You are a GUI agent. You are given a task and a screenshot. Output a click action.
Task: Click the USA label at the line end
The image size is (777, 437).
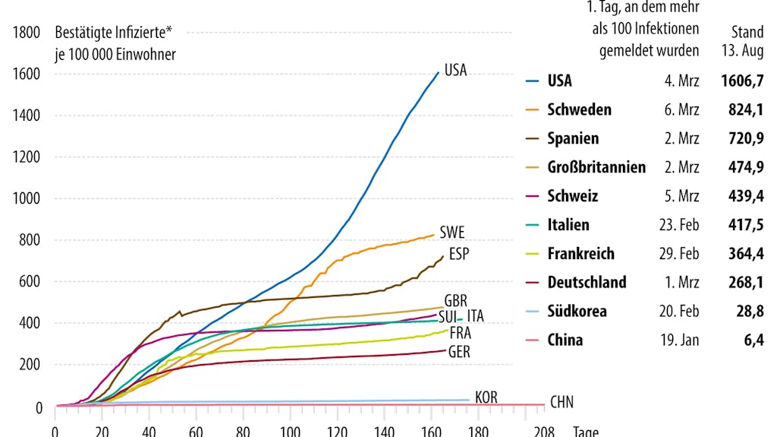coord(455,71)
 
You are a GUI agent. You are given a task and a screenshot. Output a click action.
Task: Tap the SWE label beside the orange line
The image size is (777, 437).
coord(452,233)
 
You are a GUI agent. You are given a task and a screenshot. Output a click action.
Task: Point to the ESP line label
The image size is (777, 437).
coord(459,253)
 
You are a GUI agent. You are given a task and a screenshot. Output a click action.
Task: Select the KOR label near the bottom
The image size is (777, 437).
coord(486,397)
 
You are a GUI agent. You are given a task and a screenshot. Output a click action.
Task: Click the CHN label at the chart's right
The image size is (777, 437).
coord(562,402)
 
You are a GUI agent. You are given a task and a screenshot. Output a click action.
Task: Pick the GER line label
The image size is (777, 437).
coord(459,352)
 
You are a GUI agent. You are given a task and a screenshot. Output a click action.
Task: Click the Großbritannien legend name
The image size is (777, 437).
coord(596,167)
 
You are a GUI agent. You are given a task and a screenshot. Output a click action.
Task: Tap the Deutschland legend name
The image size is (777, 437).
coord(587,283)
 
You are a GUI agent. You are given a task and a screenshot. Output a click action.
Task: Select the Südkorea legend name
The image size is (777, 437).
coord(577,312)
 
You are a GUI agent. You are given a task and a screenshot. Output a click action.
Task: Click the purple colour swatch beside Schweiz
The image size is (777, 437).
coord(533,196)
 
